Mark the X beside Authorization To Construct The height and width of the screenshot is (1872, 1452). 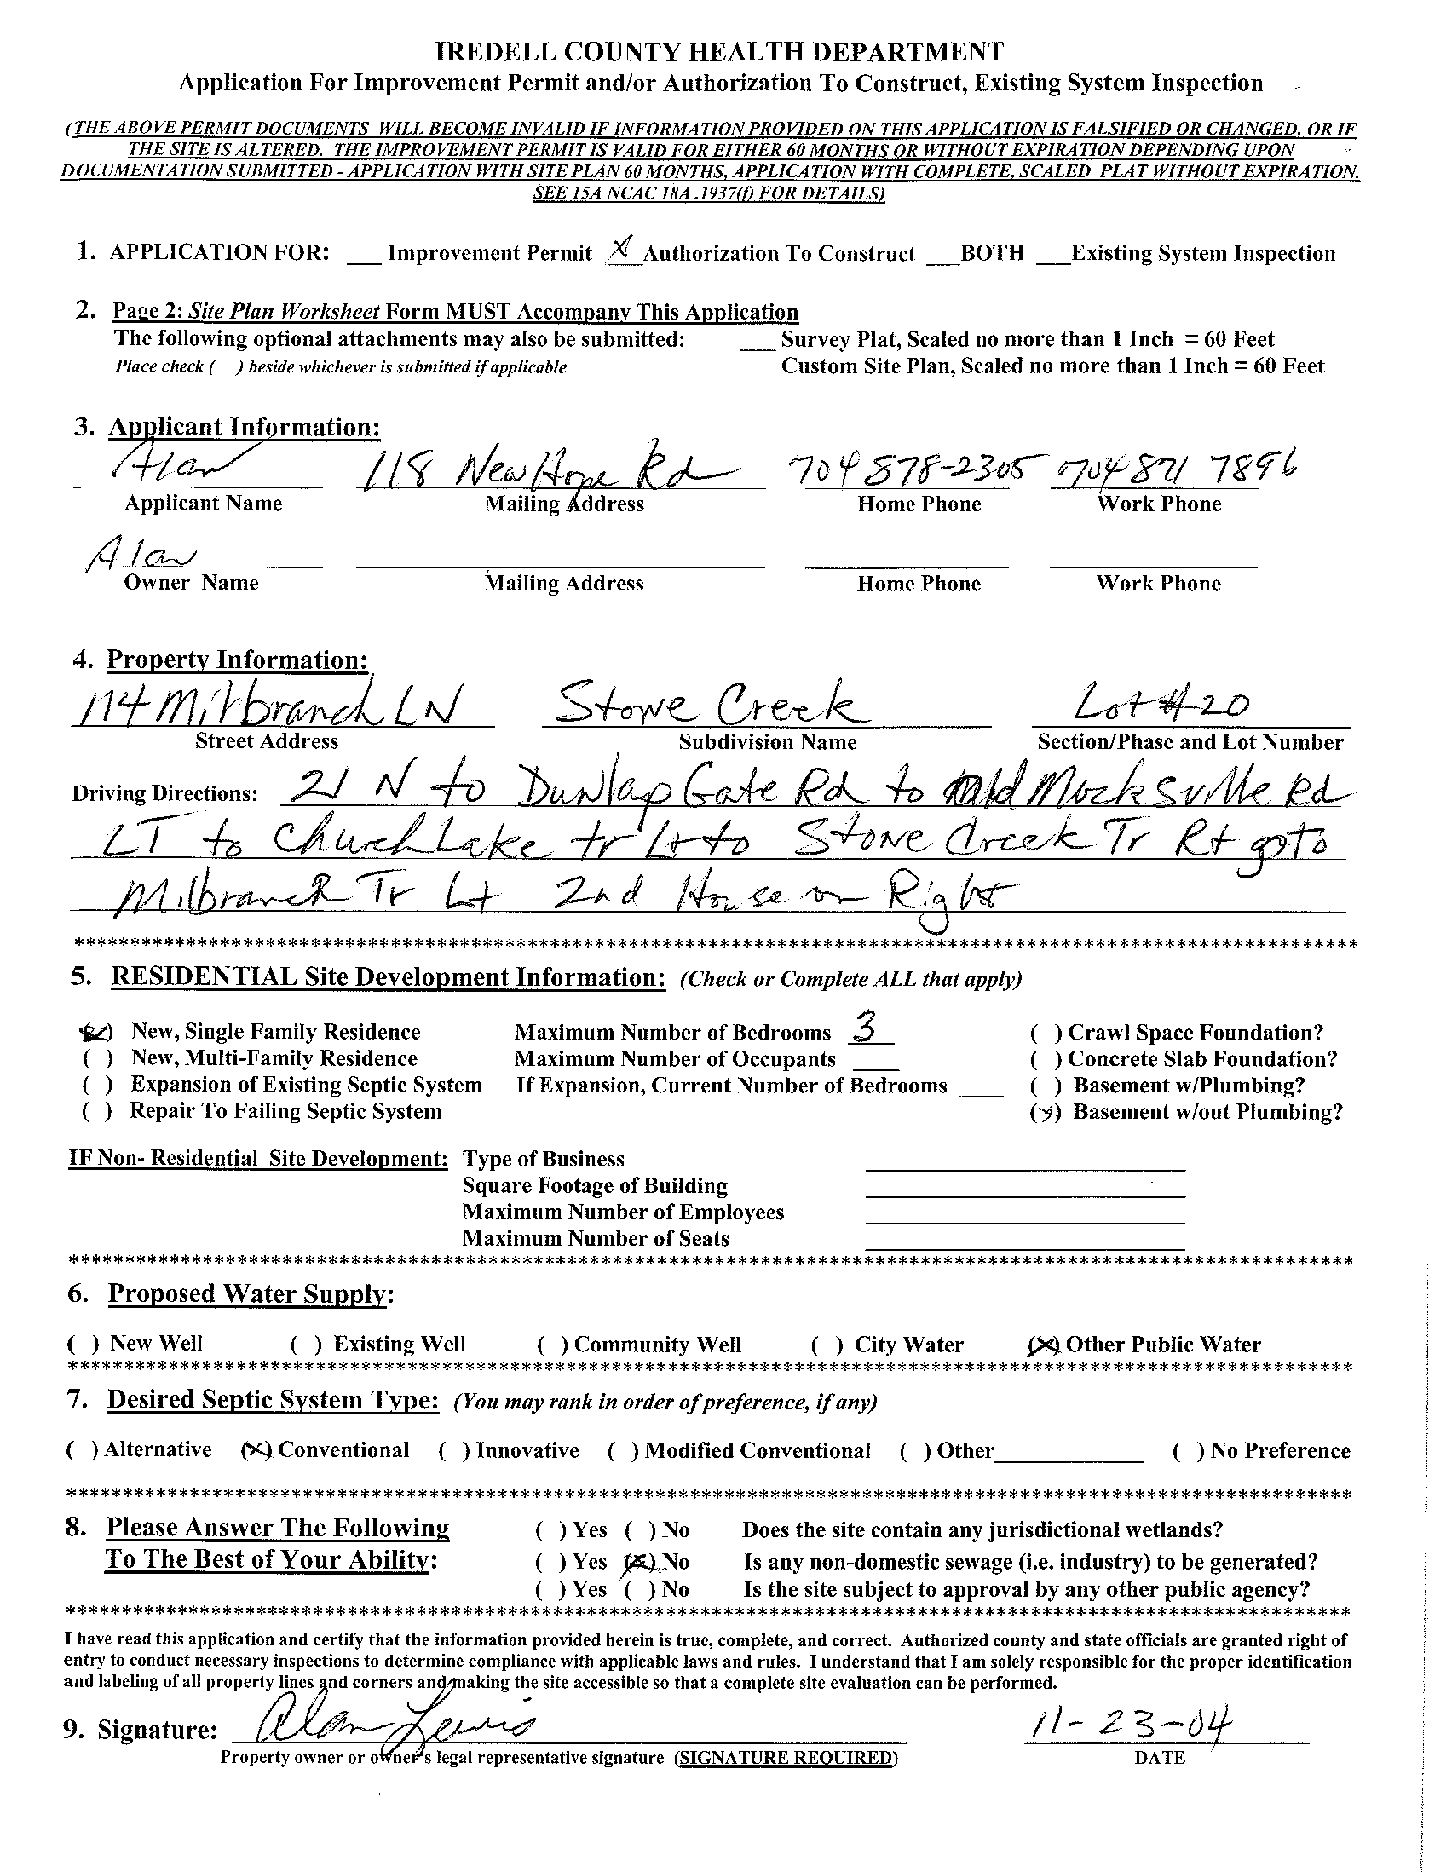coord(623,249)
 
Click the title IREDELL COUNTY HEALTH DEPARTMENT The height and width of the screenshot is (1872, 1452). coord(720,52)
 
